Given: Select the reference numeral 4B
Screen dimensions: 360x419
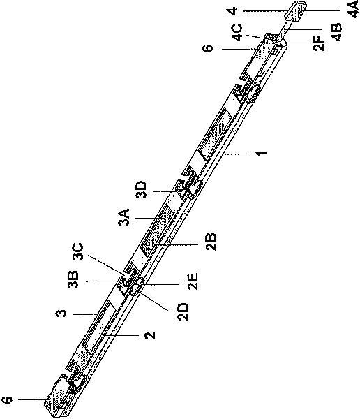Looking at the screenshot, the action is click(337, 32).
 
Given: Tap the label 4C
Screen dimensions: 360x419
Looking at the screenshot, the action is click(237, 32).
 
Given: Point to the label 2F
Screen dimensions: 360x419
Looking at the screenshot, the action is click(319, 43).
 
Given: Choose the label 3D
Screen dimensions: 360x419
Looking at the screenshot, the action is click(141, 190).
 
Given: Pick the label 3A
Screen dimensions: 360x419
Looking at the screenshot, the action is click(124, 217).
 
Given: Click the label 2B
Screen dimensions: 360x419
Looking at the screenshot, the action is click(211, 242).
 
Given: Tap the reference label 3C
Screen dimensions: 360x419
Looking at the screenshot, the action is click(78, 251).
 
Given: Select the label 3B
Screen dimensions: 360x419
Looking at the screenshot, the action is click(73, 280).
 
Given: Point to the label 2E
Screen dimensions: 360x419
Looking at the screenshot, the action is click(193, 281).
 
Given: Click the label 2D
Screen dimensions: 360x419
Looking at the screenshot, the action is click(183, 312).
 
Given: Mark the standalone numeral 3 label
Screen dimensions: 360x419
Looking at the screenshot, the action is click(61, 314).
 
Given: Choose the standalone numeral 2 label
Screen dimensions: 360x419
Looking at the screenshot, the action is click(150, 335).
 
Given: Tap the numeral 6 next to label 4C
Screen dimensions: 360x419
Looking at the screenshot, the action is click(207, 48).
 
